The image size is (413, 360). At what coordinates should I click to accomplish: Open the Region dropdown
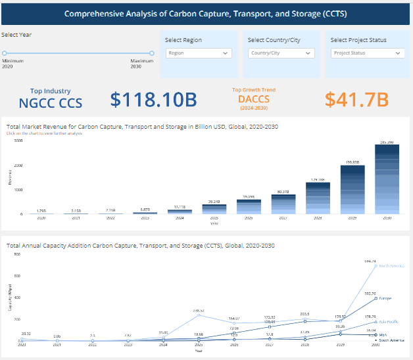coord(199,53)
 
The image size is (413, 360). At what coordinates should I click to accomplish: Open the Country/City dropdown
coord(281,53)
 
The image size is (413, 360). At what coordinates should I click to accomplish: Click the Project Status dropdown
coord(368,53)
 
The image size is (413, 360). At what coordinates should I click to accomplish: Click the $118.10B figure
coord(153,99)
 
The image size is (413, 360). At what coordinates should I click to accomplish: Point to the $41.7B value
coord(356,99)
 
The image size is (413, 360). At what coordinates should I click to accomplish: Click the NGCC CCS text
coord(50,102)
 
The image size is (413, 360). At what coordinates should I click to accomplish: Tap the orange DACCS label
coord(254,99)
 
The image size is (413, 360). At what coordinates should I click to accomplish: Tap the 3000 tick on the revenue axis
coord(18,141)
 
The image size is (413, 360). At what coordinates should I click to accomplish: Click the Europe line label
coord(385,298)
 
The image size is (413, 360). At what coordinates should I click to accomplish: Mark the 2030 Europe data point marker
coord(376,298)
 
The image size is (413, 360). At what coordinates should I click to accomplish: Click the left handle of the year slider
coord(5,53)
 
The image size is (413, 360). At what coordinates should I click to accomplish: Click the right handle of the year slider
coord(151,53)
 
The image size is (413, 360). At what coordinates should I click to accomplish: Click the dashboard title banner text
coord(206,13)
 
